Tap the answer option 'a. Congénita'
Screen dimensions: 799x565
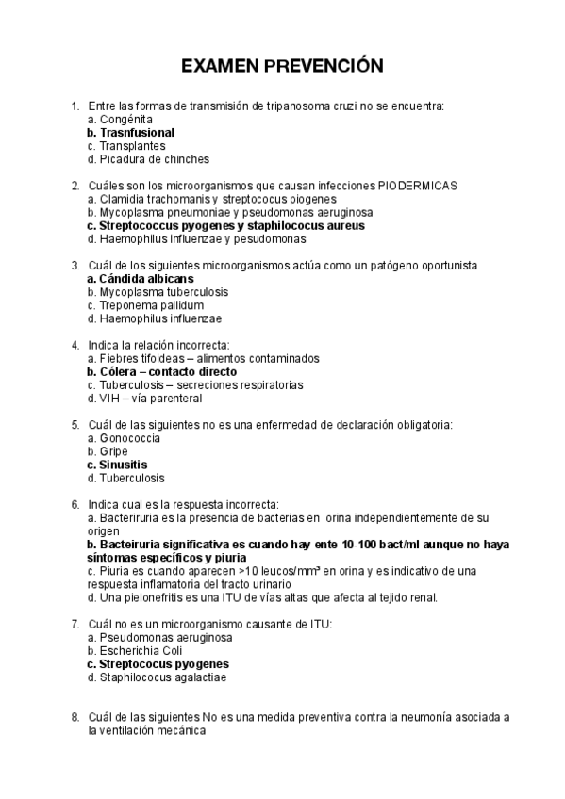tap(119, 120)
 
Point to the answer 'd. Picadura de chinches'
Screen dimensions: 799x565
tap(147, 159)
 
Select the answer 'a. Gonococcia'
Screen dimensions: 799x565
tap(123, 438)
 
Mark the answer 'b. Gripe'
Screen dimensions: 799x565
tap(107, 451)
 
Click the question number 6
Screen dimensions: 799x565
tap(75, 504)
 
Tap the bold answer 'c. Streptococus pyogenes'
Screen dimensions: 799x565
tap(151, 663)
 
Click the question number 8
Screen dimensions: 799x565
tap(75, 717)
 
